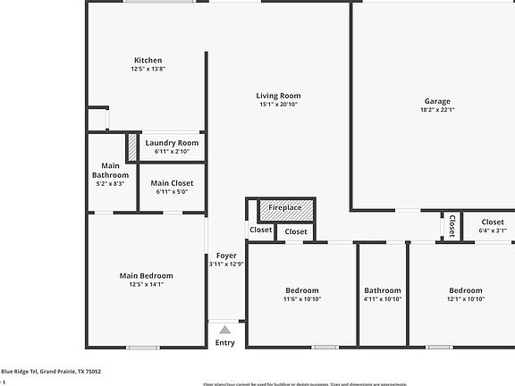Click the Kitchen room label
click(148, 61)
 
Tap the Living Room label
click(278, 96)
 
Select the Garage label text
click(436, 101)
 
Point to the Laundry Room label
click(172, 143)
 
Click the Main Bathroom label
click(110, 170)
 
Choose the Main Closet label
click(172, 183)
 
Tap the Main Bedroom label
click(146, 275)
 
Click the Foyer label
click(225, 256)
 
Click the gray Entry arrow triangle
click(225, 331)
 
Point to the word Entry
click(225, 343)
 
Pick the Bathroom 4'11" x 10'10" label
click(383, 290)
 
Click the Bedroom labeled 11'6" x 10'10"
click(302, 290)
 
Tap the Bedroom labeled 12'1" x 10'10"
click(466, 290)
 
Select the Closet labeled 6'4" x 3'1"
click(493, 222)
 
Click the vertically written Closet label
click(452, 225)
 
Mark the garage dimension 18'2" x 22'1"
click(436, 111)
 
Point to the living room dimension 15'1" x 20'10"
click(278, 105)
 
